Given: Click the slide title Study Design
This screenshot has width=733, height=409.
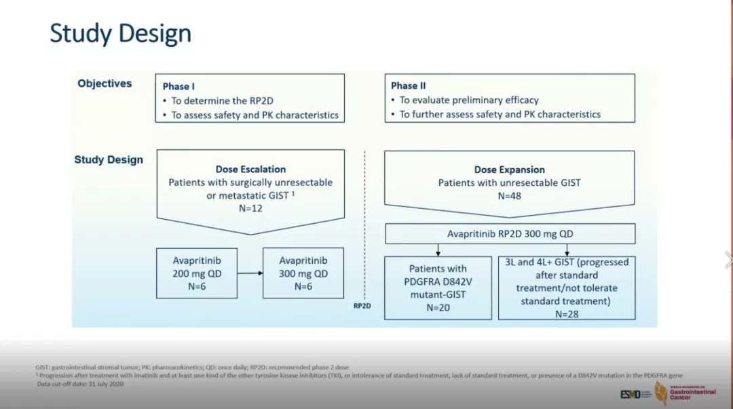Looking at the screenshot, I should click(120, 33).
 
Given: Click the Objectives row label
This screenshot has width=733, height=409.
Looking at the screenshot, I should click(105, 83).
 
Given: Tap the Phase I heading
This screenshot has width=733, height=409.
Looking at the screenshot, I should click(178, 86).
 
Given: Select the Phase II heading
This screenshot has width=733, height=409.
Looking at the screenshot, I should click(408, 85).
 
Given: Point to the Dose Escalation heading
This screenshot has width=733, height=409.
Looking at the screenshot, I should click(250, 169).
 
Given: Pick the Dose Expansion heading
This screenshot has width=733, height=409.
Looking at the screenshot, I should click(509, 170).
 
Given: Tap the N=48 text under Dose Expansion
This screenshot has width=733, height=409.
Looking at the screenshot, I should click(509, 196).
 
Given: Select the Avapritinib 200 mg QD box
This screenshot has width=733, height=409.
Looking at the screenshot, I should click(197, 273).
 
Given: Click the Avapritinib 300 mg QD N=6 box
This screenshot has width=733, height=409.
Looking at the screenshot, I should click(303, 273).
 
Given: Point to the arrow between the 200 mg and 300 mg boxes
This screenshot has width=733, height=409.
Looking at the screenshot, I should click(250, 273).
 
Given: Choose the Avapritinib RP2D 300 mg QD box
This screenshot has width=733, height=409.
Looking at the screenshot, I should click(510, 234).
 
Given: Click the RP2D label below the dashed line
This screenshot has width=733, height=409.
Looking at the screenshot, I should click(362, 306).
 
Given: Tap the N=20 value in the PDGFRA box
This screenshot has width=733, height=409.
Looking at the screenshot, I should click(438, 307).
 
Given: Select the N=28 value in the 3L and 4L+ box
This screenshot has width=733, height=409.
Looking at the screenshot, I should click(567, 313).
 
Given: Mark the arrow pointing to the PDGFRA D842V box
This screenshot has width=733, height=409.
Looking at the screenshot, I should click(438, 250).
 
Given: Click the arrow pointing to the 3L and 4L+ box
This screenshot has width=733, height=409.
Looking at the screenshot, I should click(567, 250).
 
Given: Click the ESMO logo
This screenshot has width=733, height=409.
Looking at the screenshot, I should click(631, 394).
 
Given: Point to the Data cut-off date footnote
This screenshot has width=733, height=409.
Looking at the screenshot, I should click(80, 384).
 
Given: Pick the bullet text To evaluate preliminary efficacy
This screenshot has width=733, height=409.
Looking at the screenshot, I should click(469, 100).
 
